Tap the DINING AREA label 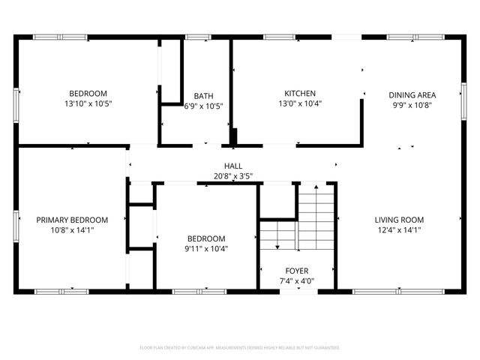point(412,95)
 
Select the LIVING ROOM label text point(399,220)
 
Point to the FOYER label point(296,271)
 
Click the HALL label point(233,166)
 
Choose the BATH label point(203,96)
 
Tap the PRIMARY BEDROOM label point(72,220)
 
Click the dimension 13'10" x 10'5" point(88,103)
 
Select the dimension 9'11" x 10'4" point(206,248)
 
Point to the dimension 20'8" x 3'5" point(233,176)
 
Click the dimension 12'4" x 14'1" point(399,230)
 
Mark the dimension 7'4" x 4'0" point(296,281)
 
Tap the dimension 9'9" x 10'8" point(412,106)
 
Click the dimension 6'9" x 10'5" point(203,106)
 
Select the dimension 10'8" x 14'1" point(72,230)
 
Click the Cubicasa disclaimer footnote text point(240,348)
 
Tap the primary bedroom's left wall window point(17,225)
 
